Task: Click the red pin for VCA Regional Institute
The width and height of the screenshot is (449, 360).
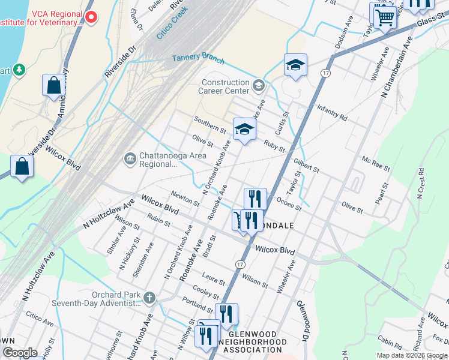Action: [91, 16]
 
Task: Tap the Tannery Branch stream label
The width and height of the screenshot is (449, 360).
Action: [198, 59]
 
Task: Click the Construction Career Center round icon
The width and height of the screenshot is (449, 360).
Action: [259, 85]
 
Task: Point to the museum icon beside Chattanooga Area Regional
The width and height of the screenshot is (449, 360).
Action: [130, 158]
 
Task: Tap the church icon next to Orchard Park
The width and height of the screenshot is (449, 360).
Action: [149, 297]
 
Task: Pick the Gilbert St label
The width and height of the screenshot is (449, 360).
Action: [306, 166]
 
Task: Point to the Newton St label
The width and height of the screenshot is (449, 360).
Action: [184, 197]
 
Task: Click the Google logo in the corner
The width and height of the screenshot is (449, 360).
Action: [19, 353]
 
